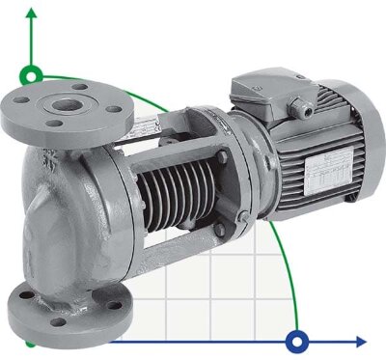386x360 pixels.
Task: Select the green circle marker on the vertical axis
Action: (x=34, y=74)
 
